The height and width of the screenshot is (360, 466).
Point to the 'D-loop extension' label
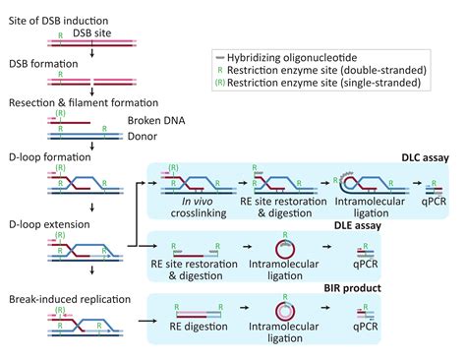point(42,224)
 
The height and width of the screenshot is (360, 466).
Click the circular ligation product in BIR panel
point(281,313)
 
